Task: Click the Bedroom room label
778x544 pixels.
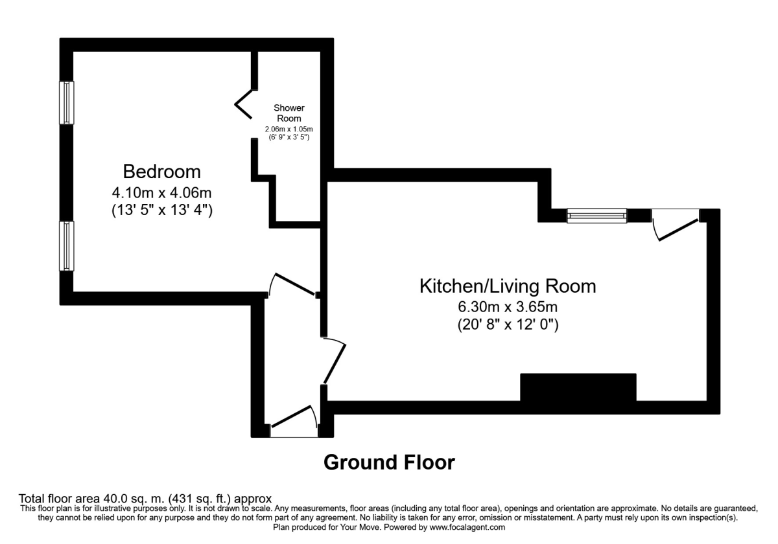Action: click(x=161, y=172)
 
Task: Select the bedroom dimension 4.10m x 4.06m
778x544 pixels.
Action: click(x=161, y=192)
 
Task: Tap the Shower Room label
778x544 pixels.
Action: click(x=289, y=113)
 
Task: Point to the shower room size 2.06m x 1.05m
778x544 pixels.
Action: click(x=289, y=130)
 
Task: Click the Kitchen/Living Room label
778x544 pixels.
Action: click(x=508, y=286)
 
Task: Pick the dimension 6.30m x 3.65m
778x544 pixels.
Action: click(x=508, y=307)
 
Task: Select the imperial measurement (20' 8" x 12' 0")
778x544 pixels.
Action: click(x=508, y=325)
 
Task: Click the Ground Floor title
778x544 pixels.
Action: click(x=389, y=462)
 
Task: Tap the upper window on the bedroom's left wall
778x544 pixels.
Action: click(x=66, y=102)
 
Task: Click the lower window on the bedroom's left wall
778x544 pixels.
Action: click(x=66, y=246)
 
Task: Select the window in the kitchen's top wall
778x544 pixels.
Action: click(x=596, y=216)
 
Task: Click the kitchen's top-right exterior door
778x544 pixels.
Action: click(x=676, y=224)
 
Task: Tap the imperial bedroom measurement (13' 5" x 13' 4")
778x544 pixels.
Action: click(x=161, y=210)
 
